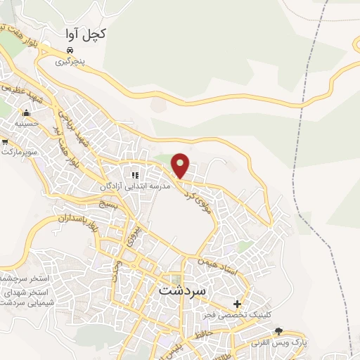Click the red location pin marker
point(181,165)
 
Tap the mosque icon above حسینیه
point(27,112)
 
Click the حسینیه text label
point(27,123)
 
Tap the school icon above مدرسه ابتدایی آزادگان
point(134,175)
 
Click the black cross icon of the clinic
point(238,304)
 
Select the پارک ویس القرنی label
point(281,342)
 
